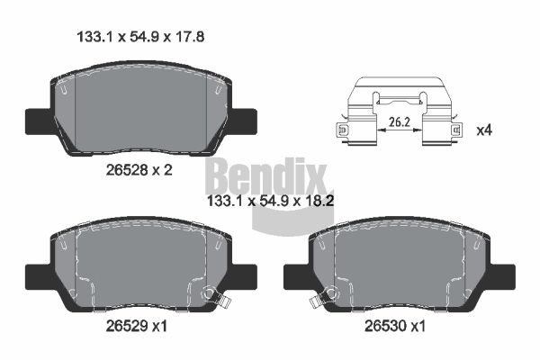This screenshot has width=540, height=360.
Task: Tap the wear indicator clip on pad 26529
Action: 211,294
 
